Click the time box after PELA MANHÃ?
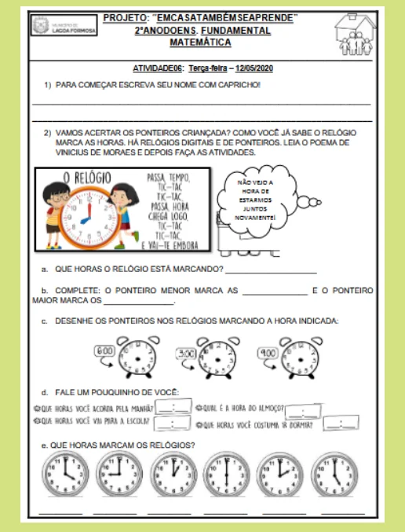pyautogui.click(x=173, y=408)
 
